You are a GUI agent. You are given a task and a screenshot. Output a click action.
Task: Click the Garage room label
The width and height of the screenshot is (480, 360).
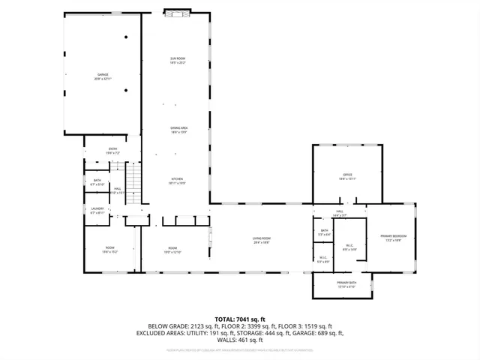click(x=103, y=76)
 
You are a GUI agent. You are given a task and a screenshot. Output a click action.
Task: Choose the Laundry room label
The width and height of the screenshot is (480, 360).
click(x=97, y=211)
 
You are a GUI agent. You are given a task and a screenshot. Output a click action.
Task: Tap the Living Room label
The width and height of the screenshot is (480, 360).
click(x=261, y=240)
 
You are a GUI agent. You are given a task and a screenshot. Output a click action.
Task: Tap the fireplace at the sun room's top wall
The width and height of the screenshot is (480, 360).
click(x=178, y=13)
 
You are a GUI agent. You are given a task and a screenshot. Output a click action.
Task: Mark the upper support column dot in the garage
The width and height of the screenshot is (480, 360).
click(x=126, y=37)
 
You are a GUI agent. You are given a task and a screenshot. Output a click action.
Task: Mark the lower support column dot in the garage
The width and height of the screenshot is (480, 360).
click(x=126, y=91)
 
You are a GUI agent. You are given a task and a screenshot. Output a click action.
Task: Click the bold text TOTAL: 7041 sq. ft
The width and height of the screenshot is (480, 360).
click(x=239, y=319)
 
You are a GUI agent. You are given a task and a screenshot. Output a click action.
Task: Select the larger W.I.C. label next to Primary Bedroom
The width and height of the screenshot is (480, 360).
click(x=349, y=247)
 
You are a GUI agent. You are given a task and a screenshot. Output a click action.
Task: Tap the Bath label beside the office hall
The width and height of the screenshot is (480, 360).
click(x=324, y=232)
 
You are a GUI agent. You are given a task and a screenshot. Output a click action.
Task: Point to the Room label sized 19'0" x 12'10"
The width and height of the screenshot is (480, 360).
click(x=172, y=250)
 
